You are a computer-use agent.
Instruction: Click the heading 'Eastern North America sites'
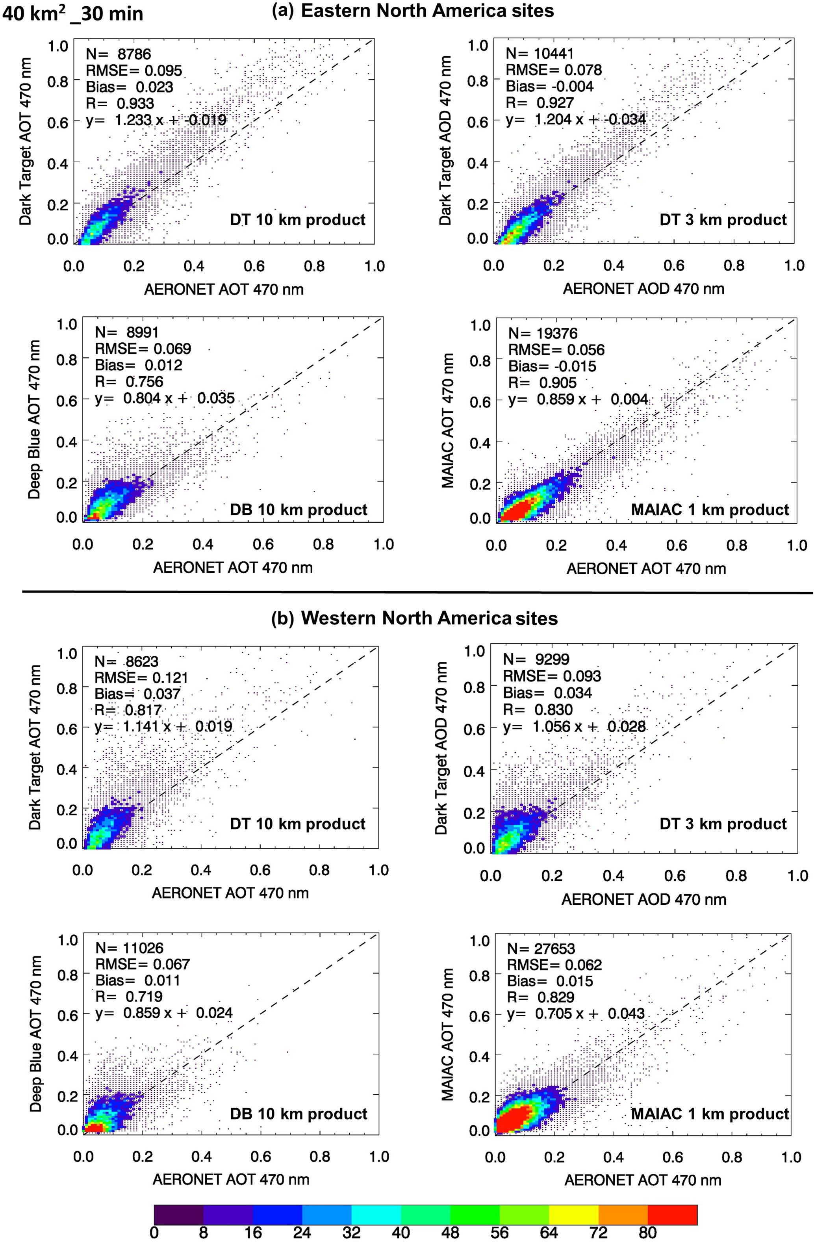coord(427,11)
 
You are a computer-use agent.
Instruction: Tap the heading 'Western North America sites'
coord(429,618)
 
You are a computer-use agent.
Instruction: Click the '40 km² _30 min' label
coord(73,13)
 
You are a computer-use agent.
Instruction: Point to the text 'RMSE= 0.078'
coord(554,70)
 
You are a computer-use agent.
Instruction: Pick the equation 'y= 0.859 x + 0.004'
coord(578,400)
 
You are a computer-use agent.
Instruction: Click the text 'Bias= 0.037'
coord(137,694)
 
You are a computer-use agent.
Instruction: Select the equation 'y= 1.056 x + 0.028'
coord(574,726)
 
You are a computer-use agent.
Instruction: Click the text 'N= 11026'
coord(129,948)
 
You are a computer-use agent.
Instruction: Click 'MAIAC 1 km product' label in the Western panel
coord(710,1114)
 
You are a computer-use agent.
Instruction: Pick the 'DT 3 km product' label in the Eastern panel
coord(723,220)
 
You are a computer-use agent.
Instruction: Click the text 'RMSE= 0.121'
coord(141,678)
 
